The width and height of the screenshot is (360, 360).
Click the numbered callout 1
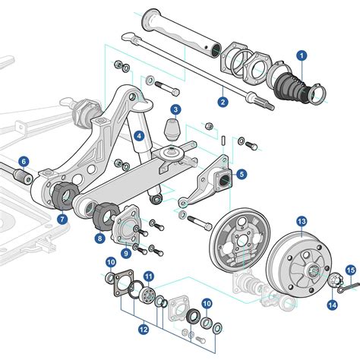point(302,55)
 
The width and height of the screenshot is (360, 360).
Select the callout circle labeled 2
point(223,101)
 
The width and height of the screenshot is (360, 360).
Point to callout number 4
point(139,136)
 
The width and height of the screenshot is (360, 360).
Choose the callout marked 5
point(242,174)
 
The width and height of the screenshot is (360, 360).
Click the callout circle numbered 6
point(24,161)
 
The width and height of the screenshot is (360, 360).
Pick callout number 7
point(62,219)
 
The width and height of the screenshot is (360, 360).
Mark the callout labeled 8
point(100,238)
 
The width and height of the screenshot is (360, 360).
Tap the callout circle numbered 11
point(149,276)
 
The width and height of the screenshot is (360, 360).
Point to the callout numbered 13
point(302,221)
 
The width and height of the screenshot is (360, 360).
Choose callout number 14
point(333,305)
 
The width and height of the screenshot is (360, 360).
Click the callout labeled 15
point(351,270)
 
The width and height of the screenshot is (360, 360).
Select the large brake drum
point(298,262)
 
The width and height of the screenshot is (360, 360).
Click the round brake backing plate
point(235,242)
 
